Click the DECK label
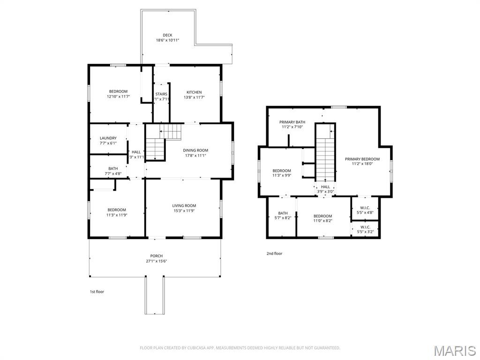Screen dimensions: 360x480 pos(167,35)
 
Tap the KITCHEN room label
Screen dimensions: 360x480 pos(194,92)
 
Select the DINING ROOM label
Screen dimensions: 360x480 pos(195,150)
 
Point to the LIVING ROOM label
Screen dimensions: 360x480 pos(184,206)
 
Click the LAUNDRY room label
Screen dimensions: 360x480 pos(108,138)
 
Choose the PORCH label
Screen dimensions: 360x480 pos(156,256)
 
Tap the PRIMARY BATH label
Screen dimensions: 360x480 pos(292,122)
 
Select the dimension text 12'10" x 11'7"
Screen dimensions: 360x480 pos(118,97)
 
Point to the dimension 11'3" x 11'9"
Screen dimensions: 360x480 pos(117,215)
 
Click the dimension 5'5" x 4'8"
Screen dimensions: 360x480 pos(365,212)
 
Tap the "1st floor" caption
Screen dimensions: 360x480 pos(97,292)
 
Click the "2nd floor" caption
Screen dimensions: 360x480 pos(274,254)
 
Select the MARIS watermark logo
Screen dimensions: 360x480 pos(454,351)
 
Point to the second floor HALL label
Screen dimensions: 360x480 pos(325,187)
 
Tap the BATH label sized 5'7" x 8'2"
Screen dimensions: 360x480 pos(283,213)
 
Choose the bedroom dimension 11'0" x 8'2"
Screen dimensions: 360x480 pos(322,221)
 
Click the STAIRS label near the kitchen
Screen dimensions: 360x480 pos(161,94)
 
